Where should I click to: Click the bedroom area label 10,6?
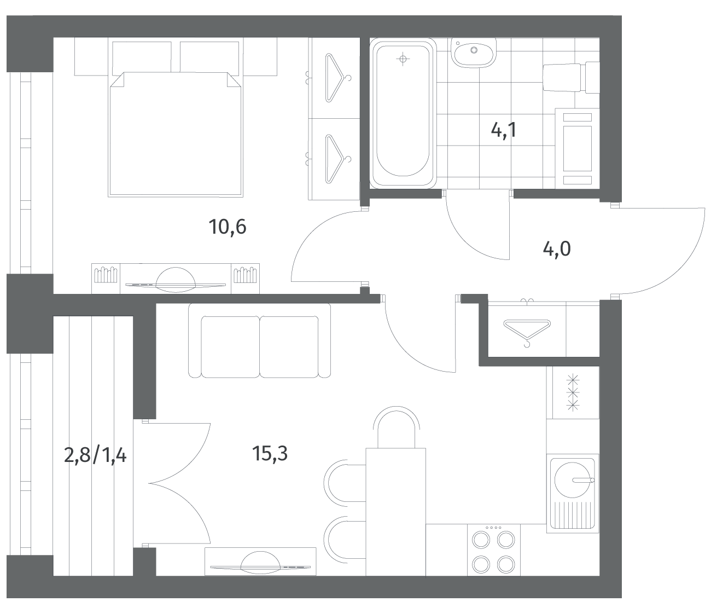tap(228, 228)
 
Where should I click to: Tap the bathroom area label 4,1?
tap(504, 130)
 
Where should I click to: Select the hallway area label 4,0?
tap(557, 249)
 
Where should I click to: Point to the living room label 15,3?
tap(270, 453)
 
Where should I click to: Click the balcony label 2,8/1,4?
tap(95, 456)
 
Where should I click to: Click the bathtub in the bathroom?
tap(403, 113)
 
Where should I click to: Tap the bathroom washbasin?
tap(474, 53)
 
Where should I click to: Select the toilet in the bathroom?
tap(571, 77)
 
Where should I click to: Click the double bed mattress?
tap(176, 134)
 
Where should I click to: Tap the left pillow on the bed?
tap(142, 57)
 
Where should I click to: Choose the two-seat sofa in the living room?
tap(260, 340)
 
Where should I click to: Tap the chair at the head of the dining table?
tap(397, 427)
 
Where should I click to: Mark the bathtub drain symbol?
tap(403, 59)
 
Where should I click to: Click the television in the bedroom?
tap(176, 281)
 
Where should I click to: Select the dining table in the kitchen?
tap(395, 512)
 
